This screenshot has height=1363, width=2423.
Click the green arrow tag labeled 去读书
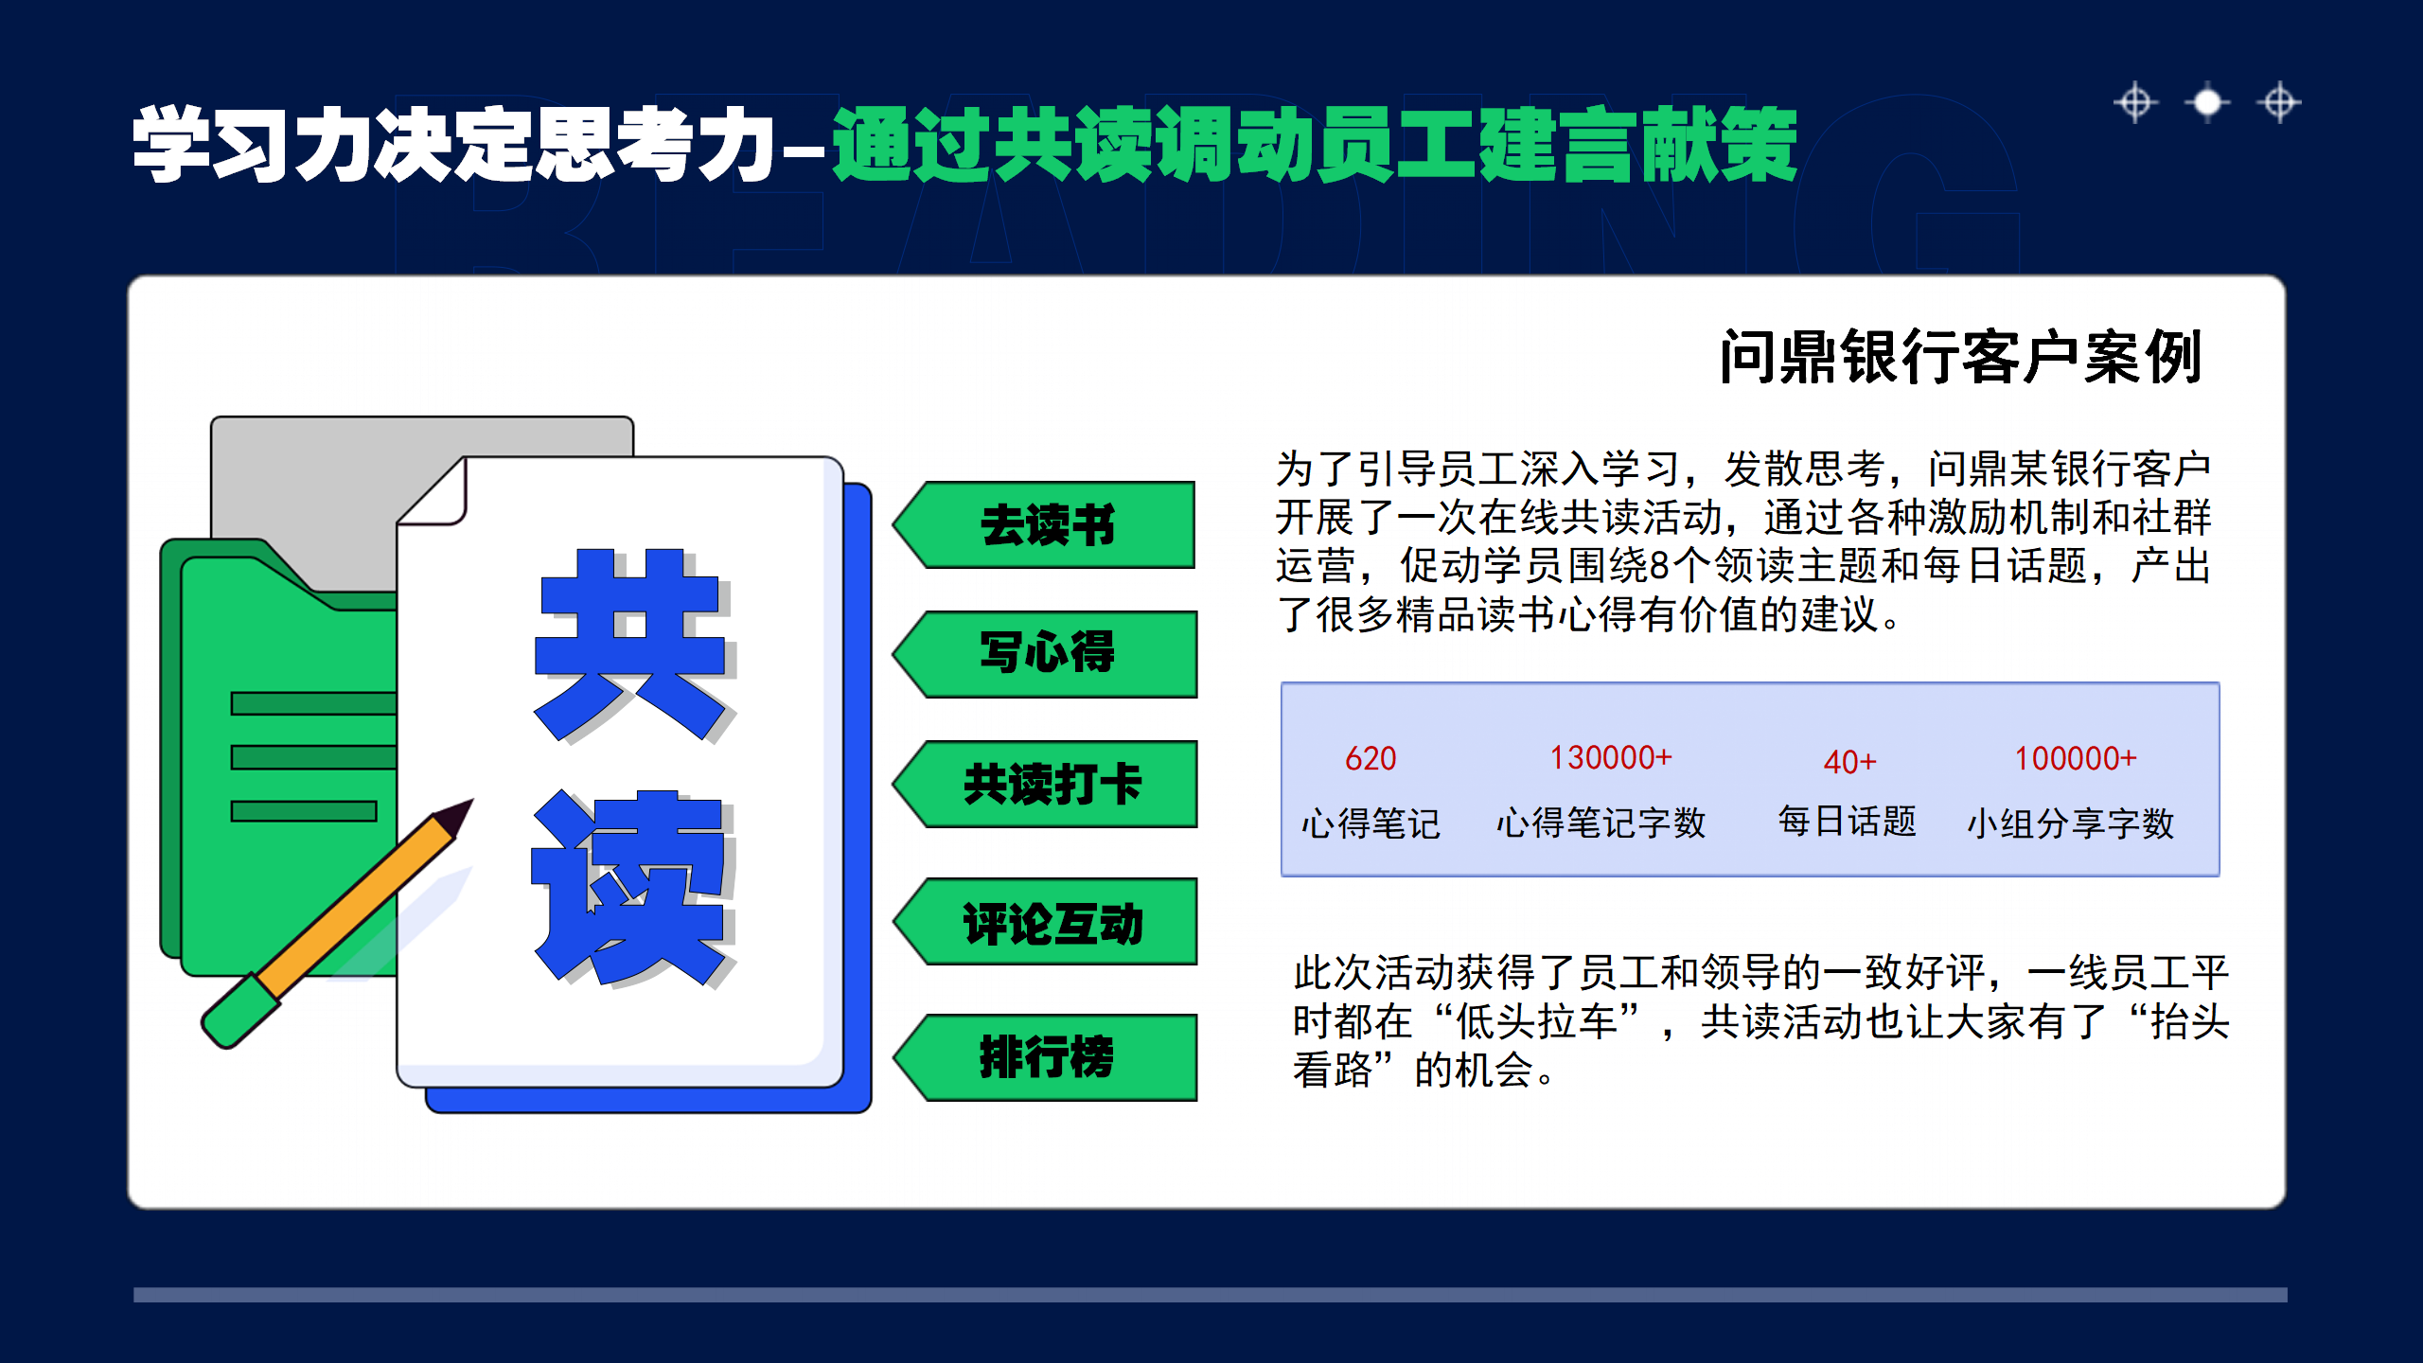point(1047,525)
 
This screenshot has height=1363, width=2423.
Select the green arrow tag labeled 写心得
point(1047,654)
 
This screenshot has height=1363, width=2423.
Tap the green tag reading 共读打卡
point(1051,785)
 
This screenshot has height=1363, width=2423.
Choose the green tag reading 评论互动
point(1051,923)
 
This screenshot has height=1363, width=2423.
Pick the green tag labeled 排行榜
point(1047,1057)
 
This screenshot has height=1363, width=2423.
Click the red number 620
point(1371,759)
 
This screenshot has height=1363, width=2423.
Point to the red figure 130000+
point(1611,758)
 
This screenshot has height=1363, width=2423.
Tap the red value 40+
point(1849,762)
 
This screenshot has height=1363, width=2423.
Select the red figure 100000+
point(2075,759)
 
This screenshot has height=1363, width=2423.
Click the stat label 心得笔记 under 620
point(1371,823)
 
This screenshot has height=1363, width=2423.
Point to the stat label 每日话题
point(1847,822)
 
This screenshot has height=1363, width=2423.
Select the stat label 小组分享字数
point(2071,823)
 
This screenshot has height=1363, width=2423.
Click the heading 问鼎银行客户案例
point(1961,358)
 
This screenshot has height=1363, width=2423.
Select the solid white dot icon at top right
point(2207,102)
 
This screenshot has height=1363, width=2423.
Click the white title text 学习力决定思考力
point(454,144)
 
